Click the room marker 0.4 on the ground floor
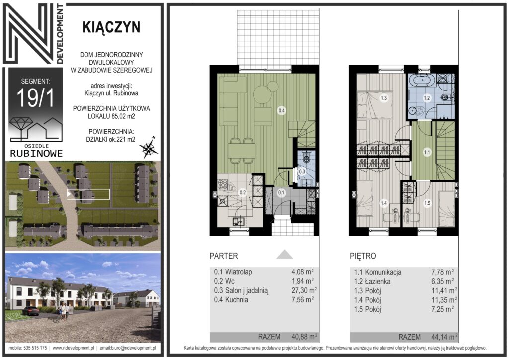[x=281, y=111]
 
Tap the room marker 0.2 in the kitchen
[x=243, y=192]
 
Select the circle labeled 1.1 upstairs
[x=427, y=152]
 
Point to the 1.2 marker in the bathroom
[x=427, y=98]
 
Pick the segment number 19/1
[x=35, y=97]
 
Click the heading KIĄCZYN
[x=111, y=27]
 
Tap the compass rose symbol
[x=149, y=148]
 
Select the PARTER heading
[x=224, y=256]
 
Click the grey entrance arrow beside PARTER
[x=285, y=254]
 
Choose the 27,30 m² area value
[x=304, y=290]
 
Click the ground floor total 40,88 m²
[x=304, y=337]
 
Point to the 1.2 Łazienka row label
[x=372, y=281]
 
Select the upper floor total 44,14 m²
[x=444, y=337]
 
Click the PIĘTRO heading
[x=363, y=256]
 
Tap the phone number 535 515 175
[x=35, y=348]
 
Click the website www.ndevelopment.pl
[x=74, y=348]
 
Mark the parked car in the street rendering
[x=31, y=311]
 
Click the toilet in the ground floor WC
[x=306, y=159]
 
